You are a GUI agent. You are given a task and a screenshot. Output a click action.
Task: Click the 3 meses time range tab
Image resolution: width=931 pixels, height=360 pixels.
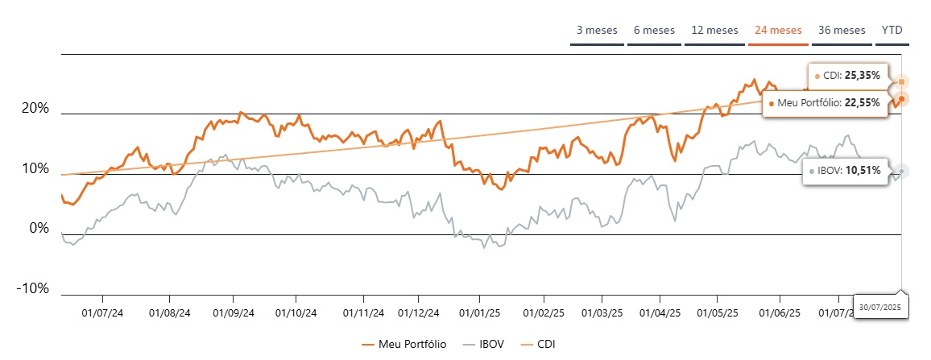(597, 31)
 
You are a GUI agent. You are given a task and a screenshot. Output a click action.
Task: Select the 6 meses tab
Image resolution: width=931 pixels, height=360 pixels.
(653, 31)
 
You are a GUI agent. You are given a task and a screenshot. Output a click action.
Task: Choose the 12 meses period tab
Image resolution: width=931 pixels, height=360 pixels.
(714, 31)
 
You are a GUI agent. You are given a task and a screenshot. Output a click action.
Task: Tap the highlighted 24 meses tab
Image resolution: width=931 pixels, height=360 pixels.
(778, 31)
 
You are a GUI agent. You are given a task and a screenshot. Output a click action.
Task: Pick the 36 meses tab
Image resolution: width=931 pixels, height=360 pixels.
(842, 31)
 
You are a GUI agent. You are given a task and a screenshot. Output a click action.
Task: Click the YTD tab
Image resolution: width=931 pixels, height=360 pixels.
(892, 31)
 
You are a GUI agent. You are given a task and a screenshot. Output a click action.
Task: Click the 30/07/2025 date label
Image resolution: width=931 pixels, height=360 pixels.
(878, 308)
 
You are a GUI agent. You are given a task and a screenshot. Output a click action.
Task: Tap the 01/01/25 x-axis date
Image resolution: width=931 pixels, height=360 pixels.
(480, 312)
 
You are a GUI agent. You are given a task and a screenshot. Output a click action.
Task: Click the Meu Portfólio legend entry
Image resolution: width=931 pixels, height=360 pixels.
(403, 344)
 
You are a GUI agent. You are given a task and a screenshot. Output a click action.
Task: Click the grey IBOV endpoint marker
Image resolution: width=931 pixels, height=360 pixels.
(902, 172)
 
